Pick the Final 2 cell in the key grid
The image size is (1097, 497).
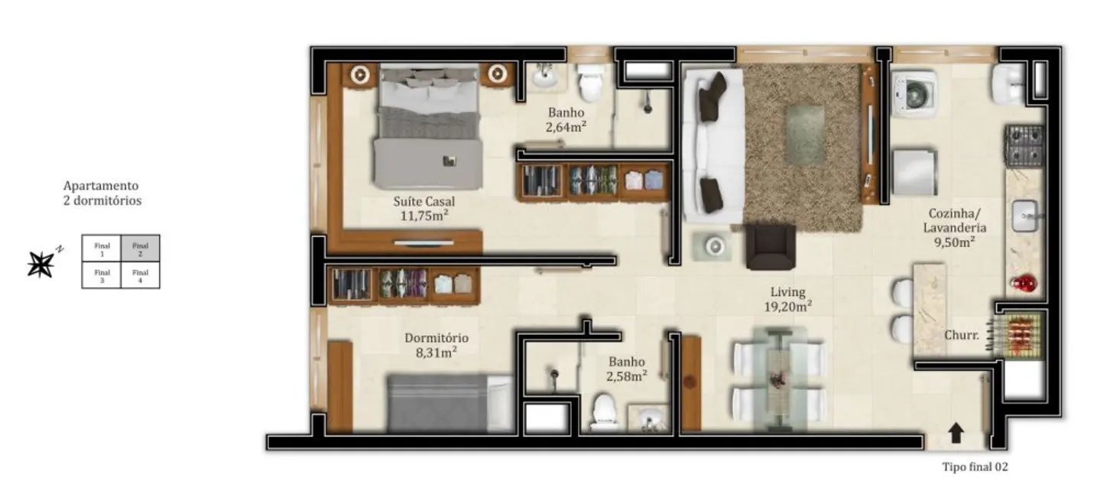click(x=140, y=248)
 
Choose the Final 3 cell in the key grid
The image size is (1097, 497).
click(x=102, y=275)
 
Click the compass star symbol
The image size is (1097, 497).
click(x=41, y=264)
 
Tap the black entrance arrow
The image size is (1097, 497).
click(x=956, y=434)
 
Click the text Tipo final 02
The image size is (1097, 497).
click(x=975, y=467)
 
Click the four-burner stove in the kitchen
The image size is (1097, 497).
click(x=1024, y=146)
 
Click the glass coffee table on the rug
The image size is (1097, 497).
click(x=805, y=135)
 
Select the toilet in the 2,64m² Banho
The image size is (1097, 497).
click(x=590, y=83)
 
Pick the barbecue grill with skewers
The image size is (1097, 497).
click(x=1018, y=333)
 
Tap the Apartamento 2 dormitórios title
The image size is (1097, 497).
click(x=102, y=193)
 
